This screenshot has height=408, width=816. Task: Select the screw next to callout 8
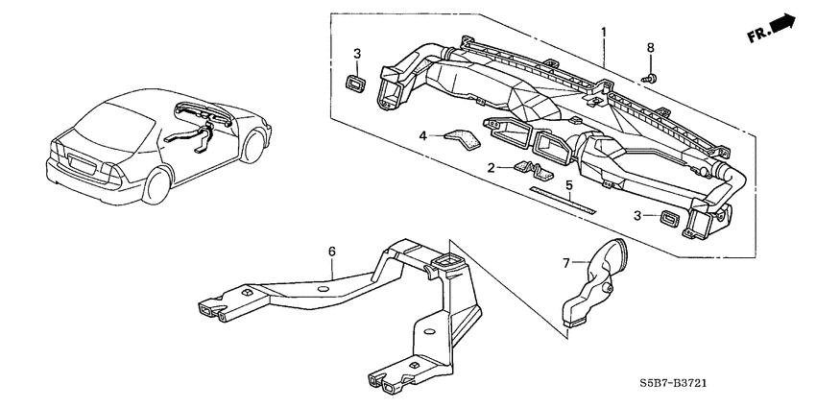coord(648,75)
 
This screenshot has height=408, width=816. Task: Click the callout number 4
coord(421,137)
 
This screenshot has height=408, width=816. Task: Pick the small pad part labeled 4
coord(467,138)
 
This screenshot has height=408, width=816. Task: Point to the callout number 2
coord(491,167)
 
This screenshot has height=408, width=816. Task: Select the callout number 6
coord(332,252)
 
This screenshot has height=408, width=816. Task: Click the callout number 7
coord(564,261)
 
